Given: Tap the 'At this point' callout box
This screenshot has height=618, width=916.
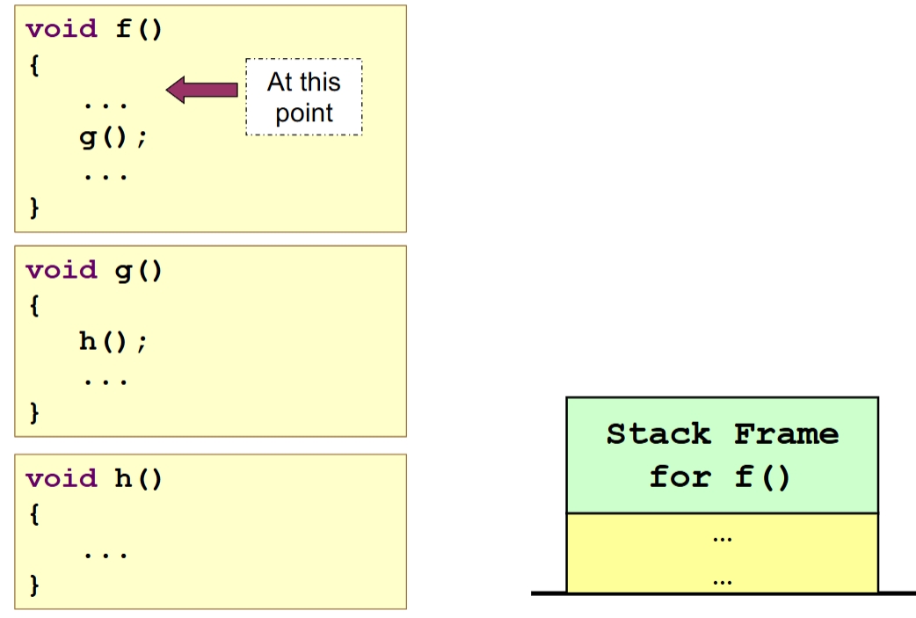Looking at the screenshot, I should pyautogui.click(x=303, y=97).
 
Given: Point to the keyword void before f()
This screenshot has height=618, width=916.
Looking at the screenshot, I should pyautogui.click(x=62, y=29).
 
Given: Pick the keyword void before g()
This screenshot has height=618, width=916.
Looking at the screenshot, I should pyautogui.click(x=62, y=270).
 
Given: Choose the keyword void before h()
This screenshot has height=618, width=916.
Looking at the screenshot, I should pyautogui.click(x=62, y=479).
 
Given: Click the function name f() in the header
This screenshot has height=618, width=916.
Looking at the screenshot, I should pyautogui.click(x=139, y=29).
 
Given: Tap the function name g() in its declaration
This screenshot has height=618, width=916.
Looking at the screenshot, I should pyautogui.click(x=139, y=270).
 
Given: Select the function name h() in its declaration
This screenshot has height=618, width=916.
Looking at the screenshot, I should pyautogui.click(x=139, y=479).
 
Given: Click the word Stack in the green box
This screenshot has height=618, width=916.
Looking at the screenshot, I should pyautogui.click(x=658, y=434).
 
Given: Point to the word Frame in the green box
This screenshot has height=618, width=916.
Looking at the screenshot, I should pyautogui.click(x=787, y=434).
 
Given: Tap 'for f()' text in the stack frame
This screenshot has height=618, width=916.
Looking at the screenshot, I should pyautogui.click(x=721, y=477).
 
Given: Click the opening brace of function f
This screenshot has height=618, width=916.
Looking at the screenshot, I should pyautogui.click(x=34, y=67).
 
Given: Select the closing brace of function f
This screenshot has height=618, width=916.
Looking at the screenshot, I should pyautogui.click(x=34, y=208).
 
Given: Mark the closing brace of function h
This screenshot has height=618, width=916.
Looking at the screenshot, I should pyautogui.click(x=34, y=584).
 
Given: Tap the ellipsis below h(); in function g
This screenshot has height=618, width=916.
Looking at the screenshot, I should pyautogui.click(x=106, y=382).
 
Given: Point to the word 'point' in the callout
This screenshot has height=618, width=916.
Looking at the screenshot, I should pyautogui.click(x=304, y=114).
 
